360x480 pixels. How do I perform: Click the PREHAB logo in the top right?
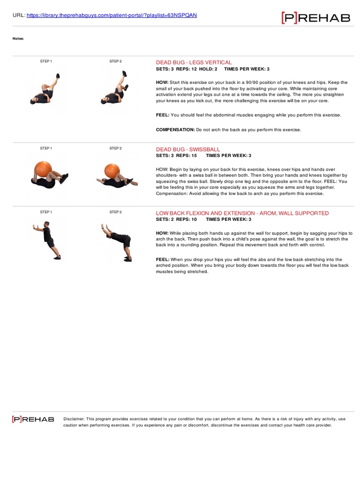[x=315, y=18]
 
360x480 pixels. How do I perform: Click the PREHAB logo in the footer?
[x=33, y=419]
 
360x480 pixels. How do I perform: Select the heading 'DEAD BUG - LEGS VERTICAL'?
[x=194, y=62]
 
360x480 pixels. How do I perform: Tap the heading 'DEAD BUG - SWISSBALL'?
[x=187, y=149]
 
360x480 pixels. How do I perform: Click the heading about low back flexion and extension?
[x=242, y=213]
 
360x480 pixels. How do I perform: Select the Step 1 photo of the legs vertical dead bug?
[x=45, y=89]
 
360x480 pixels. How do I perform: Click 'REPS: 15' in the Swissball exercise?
[x=187, y=155]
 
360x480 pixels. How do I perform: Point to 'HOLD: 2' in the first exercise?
[x=210, y=69]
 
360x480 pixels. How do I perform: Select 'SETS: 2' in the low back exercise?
[x=164, y=219]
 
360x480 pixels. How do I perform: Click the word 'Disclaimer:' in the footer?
[x=74, y=419]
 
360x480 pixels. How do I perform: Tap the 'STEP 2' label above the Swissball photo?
[x=115, y=148]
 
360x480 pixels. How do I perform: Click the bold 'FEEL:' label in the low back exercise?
[x=163, y=259]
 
